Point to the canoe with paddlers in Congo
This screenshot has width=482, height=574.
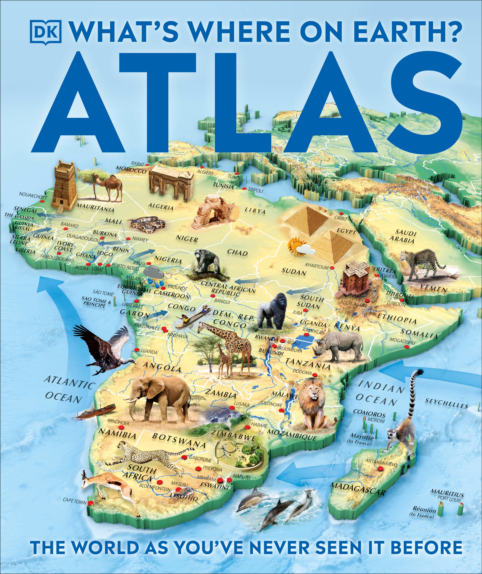pos(193,317)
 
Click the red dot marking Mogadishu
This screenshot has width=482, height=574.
pos(406,347)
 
